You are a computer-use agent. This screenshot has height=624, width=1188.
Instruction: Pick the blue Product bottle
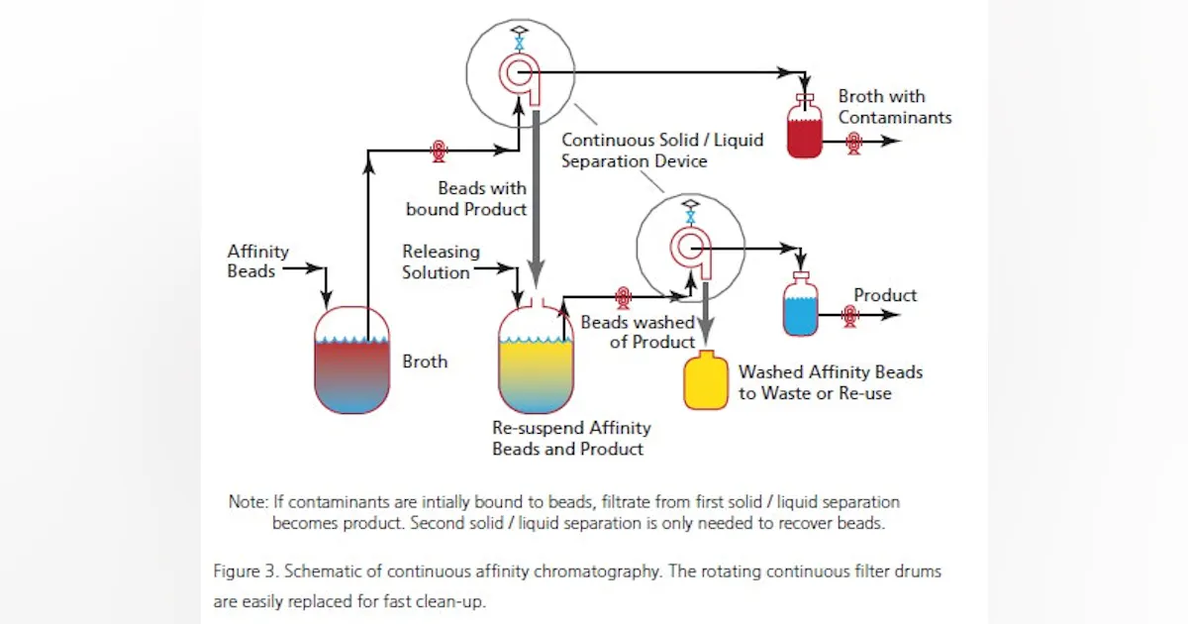point(800,309)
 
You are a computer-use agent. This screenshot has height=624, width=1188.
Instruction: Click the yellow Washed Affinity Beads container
point(706,380)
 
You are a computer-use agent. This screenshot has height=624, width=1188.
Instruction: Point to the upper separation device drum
point(519,71)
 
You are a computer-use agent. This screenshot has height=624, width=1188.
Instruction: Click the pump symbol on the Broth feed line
point(438,151)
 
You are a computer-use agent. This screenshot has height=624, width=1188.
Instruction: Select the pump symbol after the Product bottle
point(849,315)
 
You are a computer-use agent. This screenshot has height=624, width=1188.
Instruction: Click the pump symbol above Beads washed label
point(623,295)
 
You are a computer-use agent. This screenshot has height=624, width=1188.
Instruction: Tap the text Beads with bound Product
point(466,198)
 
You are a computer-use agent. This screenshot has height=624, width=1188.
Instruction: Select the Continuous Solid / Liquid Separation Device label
point(661,150)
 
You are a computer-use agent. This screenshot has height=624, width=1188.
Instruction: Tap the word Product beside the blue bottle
point(885,295)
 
